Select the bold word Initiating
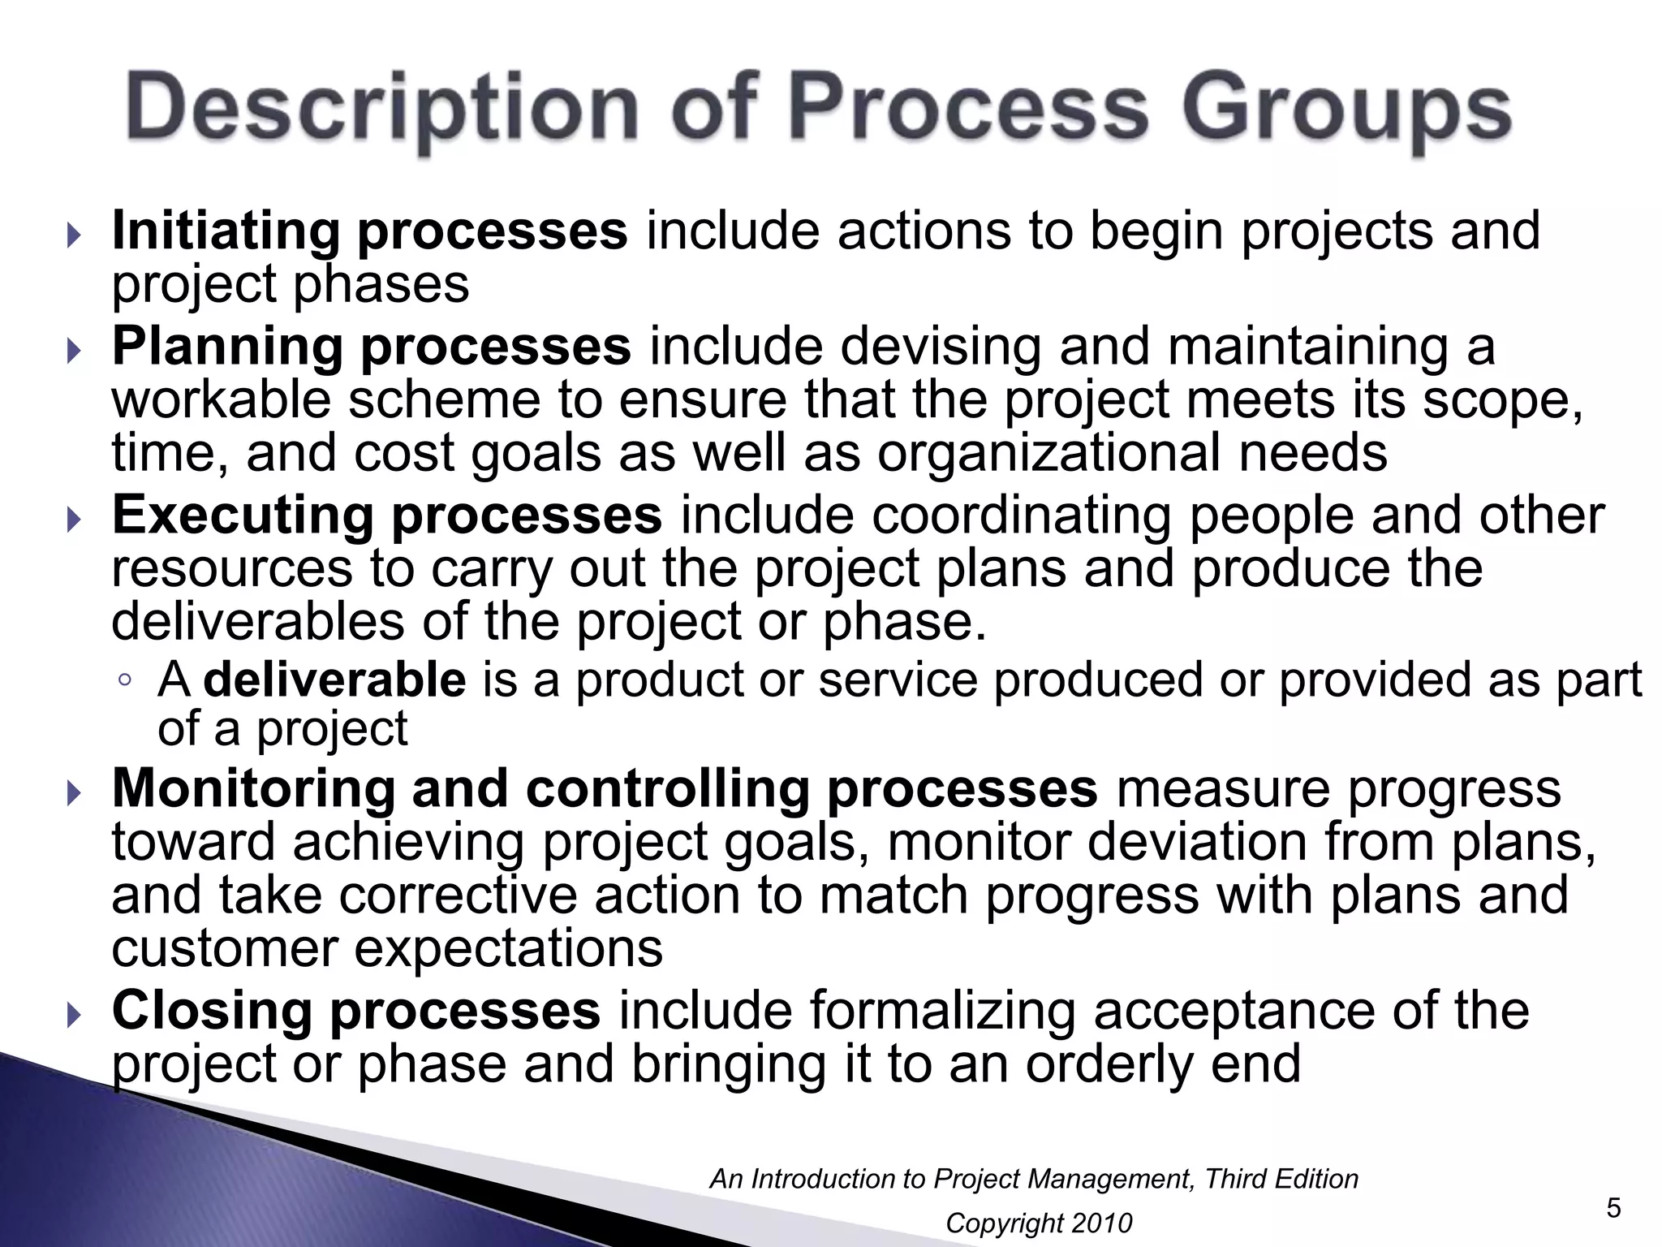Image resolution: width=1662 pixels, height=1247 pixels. point(226,231)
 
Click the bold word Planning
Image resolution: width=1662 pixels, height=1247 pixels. point(226,347)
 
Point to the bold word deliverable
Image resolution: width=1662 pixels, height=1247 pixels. point(334,680)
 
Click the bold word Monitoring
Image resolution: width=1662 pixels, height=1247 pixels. point(252,788)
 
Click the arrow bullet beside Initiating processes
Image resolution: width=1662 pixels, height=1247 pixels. point(75,236)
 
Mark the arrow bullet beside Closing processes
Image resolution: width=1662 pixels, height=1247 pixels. point(75,1015)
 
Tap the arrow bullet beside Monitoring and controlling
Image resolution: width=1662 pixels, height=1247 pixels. point(75,793)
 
